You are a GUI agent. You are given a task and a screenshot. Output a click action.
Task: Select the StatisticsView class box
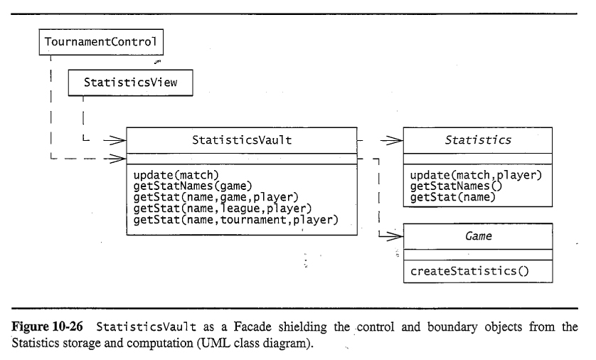pos(131,83)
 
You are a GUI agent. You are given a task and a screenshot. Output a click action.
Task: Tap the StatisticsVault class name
pos(241,140)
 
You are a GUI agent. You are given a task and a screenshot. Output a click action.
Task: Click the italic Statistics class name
pos(477,140)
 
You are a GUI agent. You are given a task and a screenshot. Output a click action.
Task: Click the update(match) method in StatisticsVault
pos(175,173)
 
